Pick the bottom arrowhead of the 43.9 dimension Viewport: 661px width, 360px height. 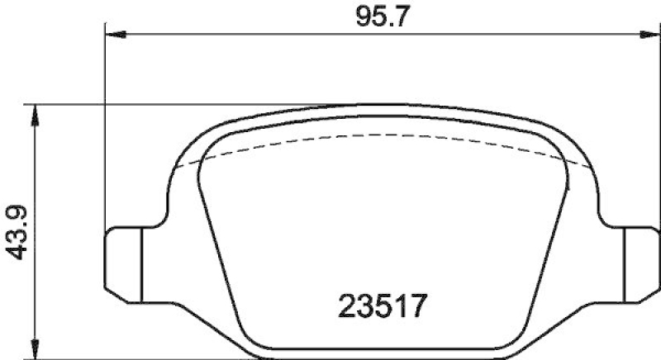click(x=34, y=345)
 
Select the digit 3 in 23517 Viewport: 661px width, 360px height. click(x=366, y=308)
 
